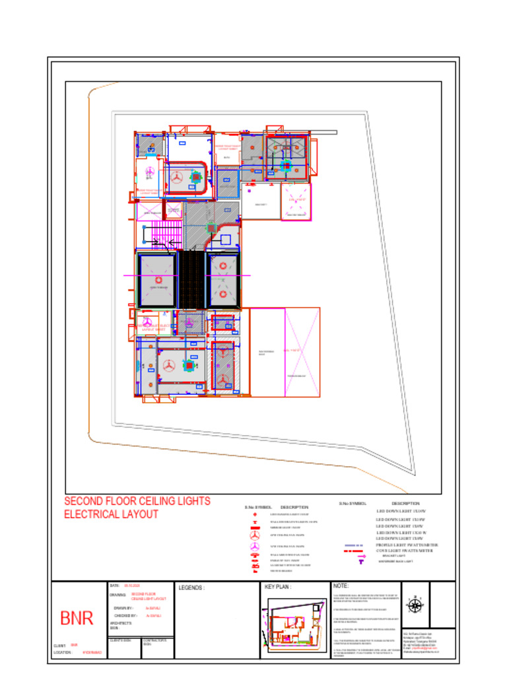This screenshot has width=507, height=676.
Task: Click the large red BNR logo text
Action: pos(77,619)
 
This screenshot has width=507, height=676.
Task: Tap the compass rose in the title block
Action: pos(415,605)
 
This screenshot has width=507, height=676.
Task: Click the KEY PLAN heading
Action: pos(278,586)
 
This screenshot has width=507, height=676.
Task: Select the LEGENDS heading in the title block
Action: pos(191,587)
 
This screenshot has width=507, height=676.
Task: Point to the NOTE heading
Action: pos(341,586)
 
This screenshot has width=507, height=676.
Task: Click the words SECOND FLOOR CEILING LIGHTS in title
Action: pos(137,501)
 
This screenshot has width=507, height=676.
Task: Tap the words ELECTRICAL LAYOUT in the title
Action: pos(111,514)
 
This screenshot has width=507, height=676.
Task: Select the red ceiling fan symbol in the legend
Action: pos(254,536)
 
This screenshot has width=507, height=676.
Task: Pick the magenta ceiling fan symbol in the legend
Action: pos(254,546)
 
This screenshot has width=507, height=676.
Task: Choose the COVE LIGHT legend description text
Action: pos(403,551)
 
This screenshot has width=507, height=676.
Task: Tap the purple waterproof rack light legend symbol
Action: pos(361,562)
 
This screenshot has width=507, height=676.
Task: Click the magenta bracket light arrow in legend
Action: pos(360,556)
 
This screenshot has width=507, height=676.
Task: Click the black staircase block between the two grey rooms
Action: pos(191,280)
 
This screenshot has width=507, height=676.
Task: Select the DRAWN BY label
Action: pos(123,607)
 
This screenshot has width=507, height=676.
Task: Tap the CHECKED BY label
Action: pos(125,615)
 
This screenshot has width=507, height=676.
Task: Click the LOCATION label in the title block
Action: pos(62,652)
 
